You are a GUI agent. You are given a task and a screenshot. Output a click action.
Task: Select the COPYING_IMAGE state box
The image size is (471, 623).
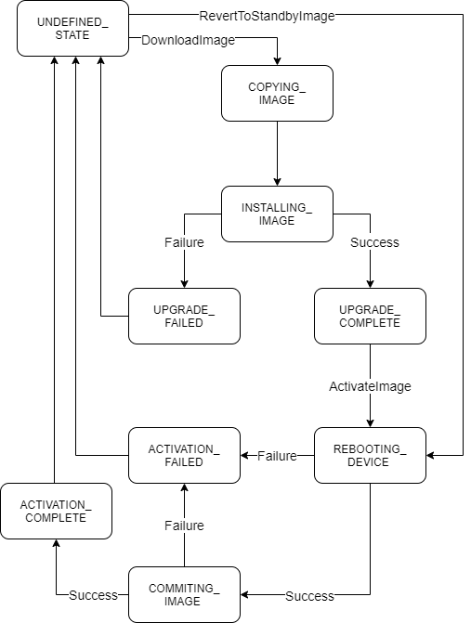[277, 93]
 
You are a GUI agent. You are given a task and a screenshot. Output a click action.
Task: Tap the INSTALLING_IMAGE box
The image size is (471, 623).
[277, 214]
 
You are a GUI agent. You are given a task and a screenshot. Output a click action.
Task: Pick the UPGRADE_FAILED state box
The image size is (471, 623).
[184, 316]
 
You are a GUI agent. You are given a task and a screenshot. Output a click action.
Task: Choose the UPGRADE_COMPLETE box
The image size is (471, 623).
[370, 316]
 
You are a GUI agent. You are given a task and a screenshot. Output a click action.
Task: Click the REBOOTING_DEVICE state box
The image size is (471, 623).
[370, 455]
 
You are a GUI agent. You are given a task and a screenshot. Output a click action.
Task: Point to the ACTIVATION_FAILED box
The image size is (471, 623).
[184, 455]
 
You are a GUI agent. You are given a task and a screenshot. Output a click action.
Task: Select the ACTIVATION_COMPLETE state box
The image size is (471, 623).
[56, 511]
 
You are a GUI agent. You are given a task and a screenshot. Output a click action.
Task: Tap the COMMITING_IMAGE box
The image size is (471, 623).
[184, 594]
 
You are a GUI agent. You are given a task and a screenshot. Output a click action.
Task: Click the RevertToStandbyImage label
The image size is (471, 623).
[267, 15]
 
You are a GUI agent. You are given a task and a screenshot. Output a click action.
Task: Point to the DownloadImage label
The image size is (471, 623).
[188, 40]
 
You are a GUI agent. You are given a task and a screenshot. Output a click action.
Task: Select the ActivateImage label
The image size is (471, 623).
[370, 385]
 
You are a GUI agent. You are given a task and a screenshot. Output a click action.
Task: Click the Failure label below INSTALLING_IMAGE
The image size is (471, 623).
[184, 242]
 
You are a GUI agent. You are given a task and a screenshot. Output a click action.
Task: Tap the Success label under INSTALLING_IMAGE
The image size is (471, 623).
[374, 242]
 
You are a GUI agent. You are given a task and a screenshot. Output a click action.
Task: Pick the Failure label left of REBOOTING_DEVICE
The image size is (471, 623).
[277, 456]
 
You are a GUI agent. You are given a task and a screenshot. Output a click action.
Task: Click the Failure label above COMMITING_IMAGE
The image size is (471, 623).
[184, 526]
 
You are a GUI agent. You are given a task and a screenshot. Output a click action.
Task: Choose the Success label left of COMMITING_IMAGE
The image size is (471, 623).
[93, 595]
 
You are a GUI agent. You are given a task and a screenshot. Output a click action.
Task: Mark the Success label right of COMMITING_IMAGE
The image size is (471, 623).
[309, 595]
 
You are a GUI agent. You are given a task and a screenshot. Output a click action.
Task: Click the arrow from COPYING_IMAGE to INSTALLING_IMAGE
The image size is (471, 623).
[277, 153]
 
